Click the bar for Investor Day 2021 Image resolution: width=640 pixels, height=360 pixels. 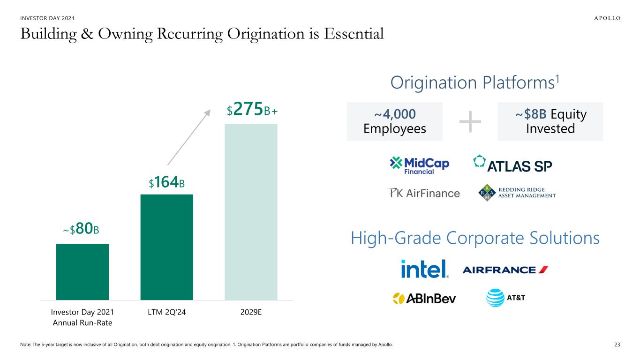83,271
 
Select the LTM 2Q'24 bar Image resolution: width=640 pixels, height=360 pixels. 166,247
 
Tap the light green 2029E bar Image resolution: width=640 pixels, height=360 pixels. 251,211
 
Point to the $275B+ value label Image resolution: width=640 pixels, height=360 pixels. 252,111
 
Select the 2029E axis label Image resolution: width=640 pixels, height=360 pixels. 251,311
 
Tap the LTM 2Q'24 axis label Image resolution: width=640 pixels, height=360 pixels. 166,311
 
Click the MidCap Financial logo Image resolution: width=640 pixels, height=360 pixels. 420,165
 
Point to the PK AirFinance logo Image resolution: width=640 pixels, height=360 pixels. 423,193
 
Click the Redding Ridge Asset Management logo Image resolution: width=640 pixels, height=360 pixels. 517,193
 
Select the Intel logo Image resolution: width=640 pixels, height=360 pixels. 425,269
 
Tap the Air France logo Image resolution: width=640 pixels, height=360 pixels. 505,270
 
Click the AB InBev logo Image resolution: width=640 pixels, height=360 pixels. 424,298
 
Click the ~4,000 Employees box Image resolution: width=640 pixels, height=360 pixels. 394,121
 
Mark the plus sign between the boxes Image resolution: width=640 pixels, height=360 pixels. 470,121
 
